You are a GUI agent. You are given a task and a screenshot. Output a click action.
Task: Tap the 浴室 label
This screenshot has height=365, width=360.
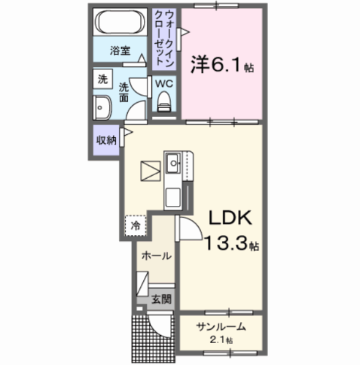(120, 51)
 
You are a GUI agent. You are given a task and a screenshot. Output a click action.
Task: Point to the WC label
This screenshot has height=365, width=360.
(164, 84)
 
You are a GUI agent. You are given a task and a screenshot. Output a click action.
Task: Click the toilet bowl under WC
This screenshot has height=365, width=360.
(164, 101)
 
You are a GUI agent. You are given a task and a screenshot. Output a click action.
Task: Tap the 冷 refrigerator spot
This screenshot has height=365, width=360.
(135, 226)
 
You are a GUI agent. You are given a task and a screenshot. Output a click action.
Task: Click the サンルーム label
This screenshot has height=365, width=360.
(218, 327)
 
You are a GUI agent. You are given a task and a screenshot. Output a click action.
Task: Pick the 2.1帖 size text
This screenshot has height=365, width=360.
(218, 340)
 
